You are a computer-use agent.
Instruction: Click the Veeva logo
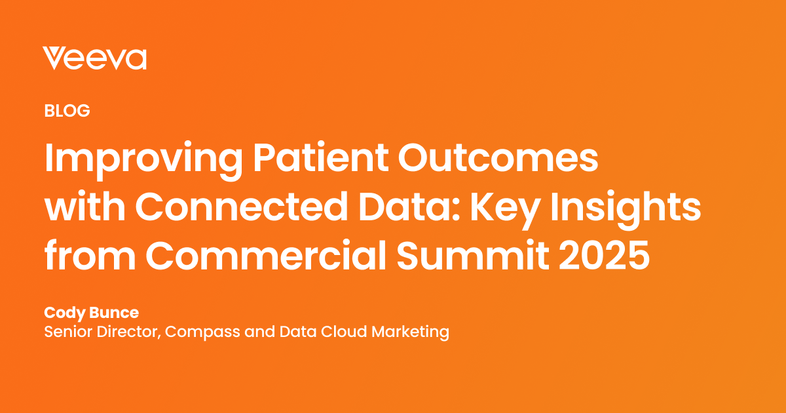pos(94,58)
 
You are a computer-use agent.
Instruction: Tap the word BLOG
pos(67,111)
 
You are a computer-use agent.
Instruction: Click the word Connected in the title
pos(236,209)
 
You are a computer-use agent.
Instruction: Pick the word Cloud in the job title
pos(345,332)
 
